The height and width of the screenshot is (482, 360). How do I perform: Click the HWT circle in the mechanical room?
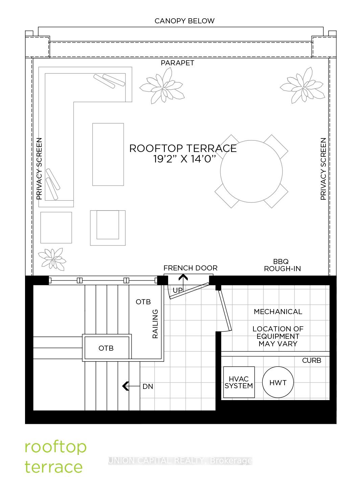(x=278, y=382)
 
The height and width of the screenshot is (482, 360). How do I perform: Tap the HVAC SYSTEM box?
(x=239, y=382)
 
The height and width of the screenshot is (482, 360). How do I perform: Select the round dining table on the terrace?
(x=251, y=171)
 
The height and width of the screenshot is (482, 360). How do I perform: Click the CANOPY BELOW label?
(x=184, y=21)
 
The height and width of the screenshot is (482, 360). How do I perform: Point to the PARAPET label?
(x=177, y=63)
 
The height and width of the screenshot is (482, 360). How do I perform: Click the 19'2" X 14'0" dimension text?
(x=184, y=159)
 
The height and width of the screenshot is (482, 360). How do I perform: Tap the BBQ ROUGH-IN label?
(x=282, y=265)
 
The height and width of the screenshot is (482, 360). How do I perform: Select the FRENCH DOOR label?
(x=190, y=268)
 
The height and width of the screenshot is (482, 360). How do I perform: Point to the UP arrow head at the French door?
(x=183, y=277)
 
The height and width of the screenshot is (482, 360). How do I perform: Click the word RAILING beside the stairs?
(x=155, y=324)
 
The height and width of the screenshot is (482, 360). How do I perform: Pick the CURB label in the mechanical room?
(x=312, y=360)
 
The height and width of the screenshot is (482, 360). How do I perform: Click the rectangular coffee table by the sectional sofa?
(x=108, y=154)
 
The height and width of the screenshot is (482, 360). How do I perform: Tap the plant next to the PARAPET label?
(x=162, y=86)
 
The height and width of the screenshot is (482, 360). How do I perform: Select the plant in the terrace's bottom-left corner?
(x=52, y=259)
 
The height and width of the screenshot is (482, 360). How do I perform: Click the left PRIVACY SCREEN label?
(x=39, y=169)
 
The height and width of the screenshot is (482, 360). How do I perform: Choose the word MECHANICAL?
(x=278, y=312)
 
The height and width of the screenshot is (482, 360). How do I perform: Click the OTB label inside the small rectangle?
(x=106, y=348)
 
